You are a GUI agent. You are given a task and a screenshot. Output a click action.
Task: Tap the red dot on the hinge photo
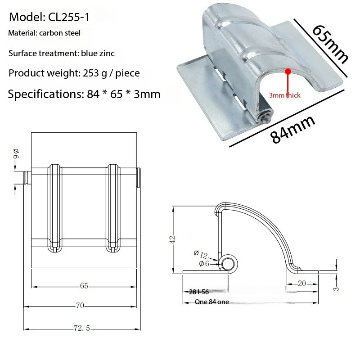(288, 71)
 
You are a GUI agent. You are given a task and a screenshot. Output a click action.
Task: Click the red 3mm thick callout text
(284, 95)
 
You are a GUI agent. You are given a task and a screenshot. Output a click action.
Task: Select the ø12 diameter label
(201, 255)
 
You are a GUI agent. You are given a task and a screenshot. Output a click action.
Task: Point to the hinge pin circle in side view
(228, 264)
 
